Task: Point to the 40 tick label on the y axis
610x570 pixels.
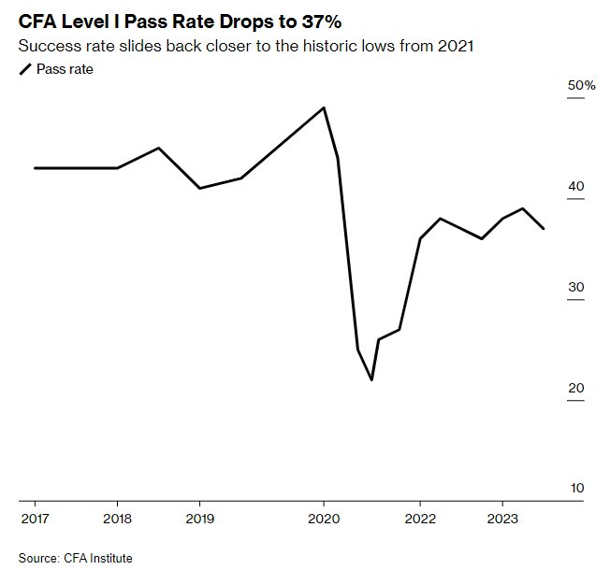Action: [x=575, y=187]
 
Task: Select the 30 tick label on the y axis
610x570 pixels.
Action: [x=575, y=288]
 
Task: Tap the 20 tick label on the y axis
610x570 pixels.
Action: [x=575, y=389]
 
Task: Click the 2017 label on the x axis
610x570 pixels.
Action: [x=34, y=517]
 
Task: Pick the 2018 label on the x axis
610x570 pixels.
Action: [x=117, y=517]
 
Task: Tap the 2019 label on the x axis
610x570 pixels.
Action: [x=199, y=517]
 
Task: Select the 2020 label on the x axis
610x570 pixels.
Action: [x=324, y=517]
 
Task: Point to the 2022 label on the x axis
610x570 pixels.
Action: [x=420, y=517]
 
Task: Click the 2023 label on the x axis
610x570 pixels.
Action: [x=502, y=517]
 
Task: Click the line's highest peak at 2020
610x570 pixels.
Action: [x=324, y=107]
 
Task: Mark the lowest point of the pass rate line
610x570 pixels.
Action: [x=371, y=379]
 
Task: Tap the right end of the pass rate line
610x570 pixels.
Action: [x=544, y=228]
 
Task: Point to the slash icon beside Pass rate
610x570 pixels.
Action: [x=24, y=69]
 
